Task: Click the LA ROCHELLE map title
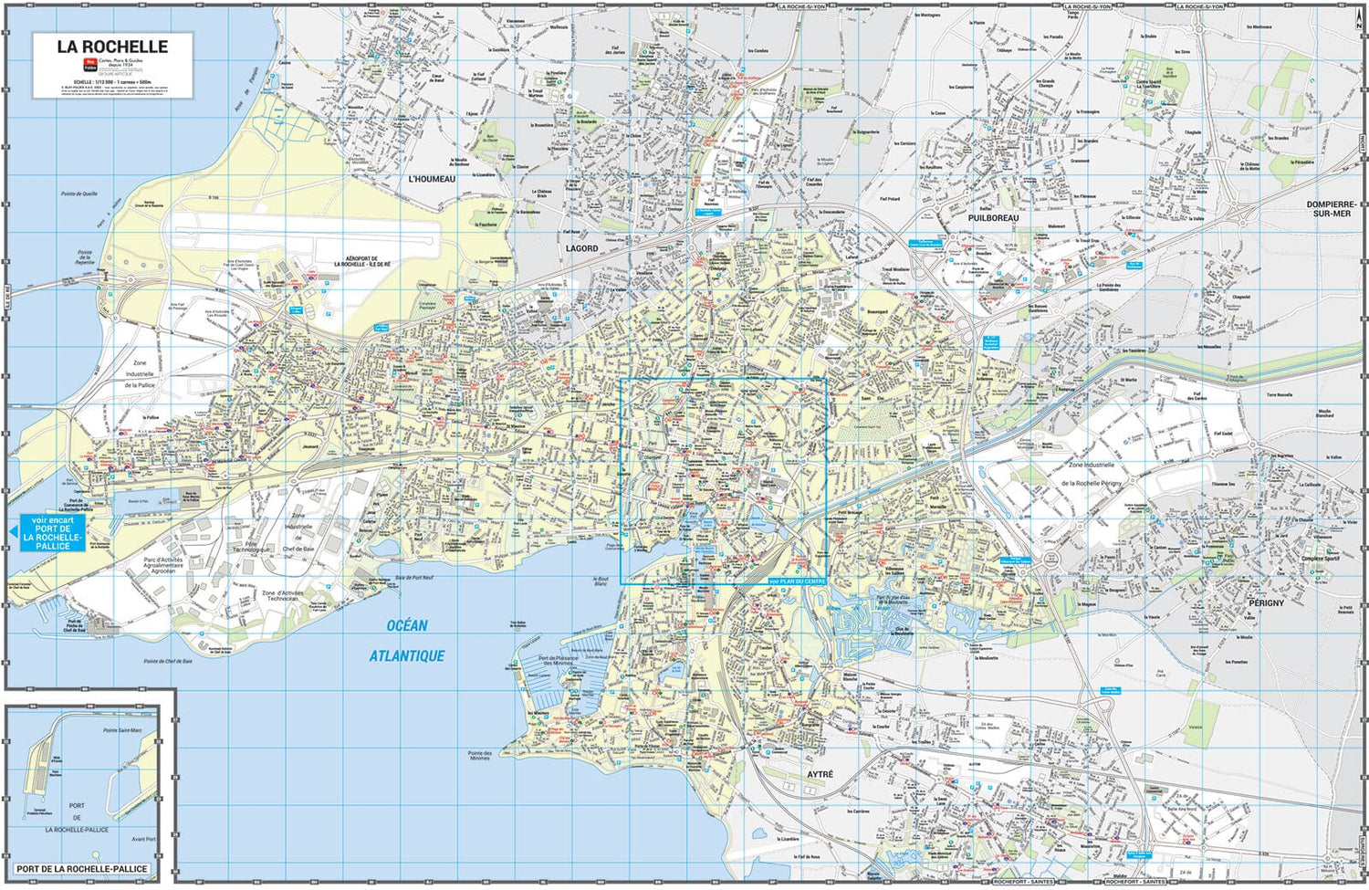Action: pyautogui.click(x=112, y=47)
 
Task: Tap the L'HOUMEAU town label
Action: pyautogui.click(x=432, y=179)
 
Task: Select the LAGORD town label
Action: pyautogui.click(x=581, y=248)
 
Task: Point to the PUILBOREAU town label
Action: pyautogui.click(x=993, y=218)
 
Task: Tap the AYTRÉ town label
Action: pyautogui.click(x=820, y=774)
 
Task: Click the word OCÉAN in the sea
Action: pyautogui.click(x=406, y=625)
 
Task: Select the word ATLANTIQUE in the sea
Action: pyautogui.click(x=407, y=655)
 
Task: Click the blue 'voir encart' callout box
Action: pyautogui.click(x=53, y=532)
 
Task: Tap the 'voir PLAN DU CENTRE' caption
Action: pyautogui.click(x=796, y=581)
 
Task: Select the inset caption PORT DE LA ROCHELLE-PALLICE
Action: pyautogui.click(x=82, y=868)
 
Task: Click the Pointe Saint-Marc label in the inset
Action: pyautogui.click(x=122, y=730)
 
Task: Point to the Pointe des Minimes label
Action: pyautogui.click(x=480, y=755)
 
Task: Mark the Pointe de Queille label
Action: pyautogui.click(x=79, y=194)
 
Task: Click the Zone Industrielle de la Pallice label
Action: pyautogui.click(x=140, y=374)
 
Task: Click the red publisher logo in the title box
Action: pyautogui.click(x=90, y=64)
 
